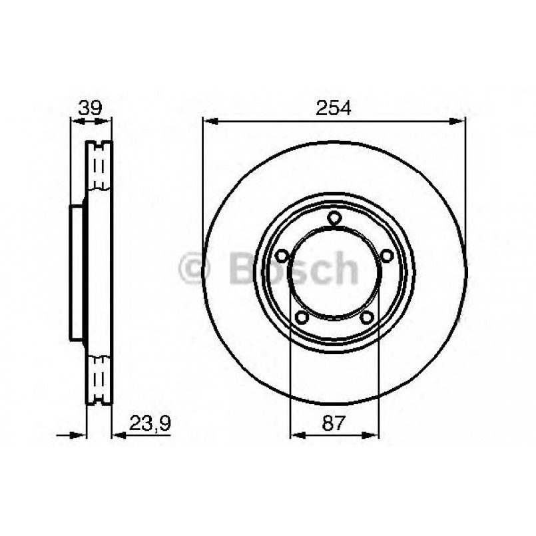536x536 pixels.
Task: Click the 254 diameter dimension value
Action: pyautogui.click(x=333, y=108)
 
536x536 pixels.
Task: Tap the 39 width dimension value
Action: pyautogui.click(x=91, y=108)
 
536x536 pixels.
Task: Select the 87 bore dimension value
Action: pyautogui.click(x=334, y=421)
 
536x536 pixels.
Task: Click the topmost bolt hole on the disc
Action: pyautogui.click(x=334, y=217)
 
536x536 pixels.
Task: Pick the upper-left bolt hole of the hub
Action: pyautogui.click(x=282, y=255)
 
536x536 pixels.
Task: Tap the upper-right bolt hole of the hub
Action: pyautogui.click(x=386, y=255)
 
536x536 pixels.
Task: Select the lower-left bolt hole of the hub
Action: pyautogui.click(x=302, y=317)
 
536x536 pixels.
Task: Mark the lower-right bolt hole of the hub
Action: pyautogui.click(x=366, y=317)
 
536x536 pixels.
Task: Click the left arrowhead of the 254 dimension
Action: pyautogui.click(x=208, y=121)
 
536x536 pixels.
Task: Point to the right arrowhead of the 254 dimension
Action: pyautogui.click(x=459, y=121)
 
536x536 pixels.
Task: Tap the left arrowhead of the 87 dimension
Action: pyautogui.click(x=296, y=435)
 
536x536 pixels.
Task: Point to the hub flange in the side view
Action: pyautogui.click(x=78, y=273)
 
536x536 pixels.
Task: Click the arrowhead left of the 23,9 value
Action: pyautogui.click(x=119, y=435)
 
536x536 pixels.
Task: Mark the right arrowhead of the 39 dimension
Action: pyautogui.click(x=108, y=121)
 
